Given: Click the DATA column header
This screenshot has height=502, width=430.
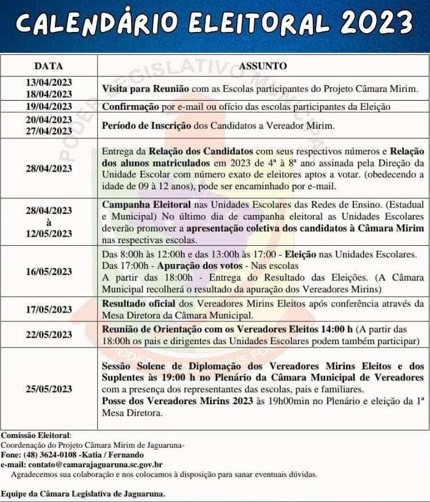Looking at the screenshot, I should (x=49, y=66).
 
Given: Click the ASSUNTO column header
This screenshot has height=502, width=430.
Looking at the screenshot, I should (x=263, y=66).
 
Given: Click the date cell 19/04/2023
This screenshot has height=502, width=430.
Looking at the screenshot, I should (x=49, y=106).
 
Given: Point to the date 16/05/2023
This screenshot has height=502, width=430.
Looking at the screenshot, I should (x=49, y=271).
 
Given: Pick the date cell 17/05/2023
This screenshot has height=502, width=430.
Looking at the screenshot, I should (x=49, y=309).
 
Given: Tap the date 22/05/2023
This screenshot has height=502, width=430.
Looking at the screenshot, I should (x=49, y=334).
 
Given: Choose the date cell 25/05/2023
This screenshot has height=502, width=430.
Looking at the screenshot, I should (x=49, y=389).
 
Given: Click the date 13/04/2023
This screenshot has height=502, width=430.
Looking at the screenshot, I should (x=49, y=83).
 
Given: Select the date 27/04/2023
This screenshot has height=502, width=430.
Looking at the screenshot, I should (x=49, y=131).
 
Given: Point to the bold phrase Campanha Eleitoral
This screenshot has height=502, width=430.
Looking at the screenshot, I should (x=141, y=204).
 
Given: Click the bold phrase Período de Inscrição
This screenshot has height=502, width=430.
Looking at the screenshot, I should (x=147, y=126).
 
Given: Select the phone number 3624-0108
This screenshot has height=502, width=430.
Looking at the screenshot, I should (x=66, y=455).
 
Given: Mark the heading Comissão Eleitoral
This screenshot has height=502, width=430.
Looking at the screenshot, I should (x=35, y=436).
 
